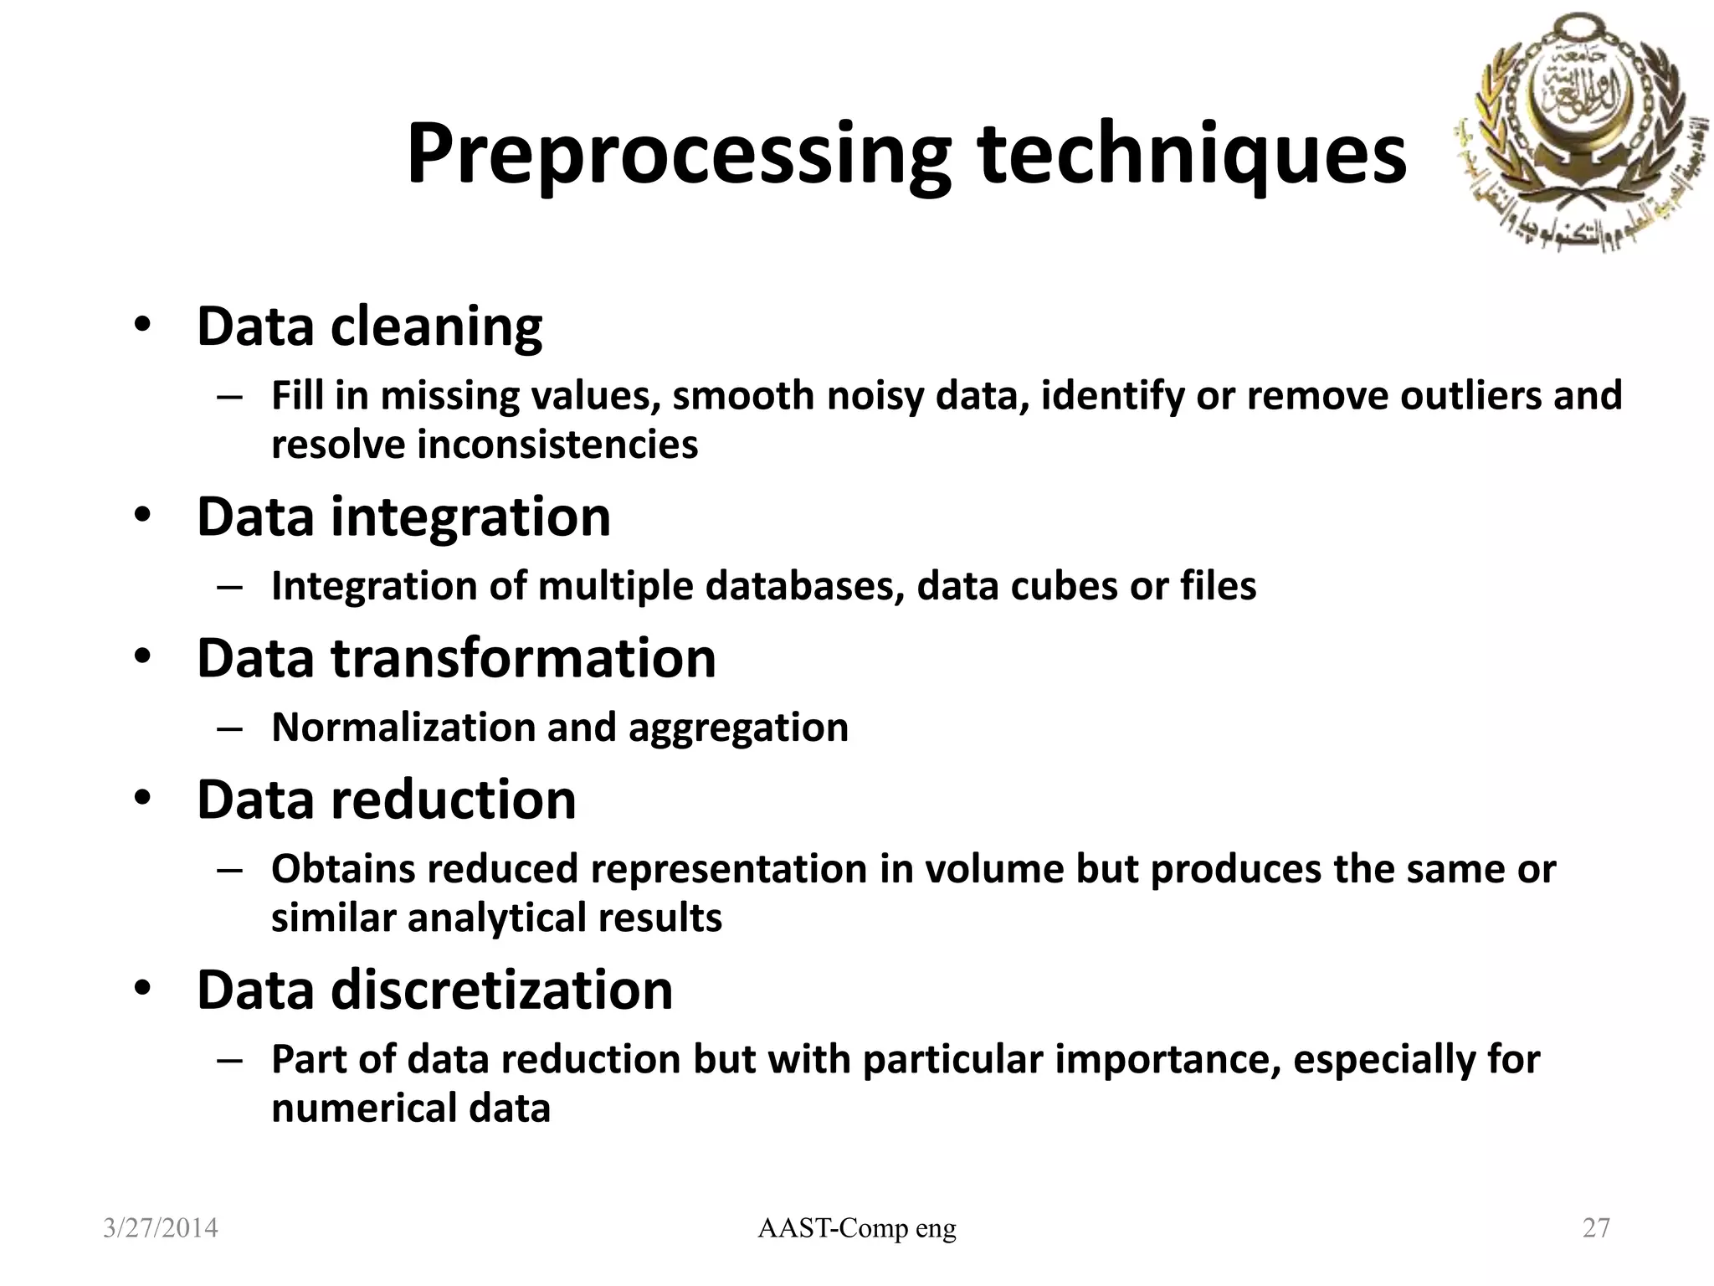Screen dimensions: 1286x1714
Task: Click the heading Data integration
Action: [x=403, y=517]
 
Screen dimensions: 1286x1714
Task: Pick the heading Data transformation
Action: [x=456, y=658]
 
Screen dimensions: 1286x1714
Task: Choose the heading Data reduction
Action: [x=386, y=800]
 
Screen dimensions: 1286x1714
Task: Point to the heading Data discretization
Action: [x=434, y=990]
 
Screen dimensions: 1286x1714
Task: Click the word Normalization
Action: [x=403, y=728]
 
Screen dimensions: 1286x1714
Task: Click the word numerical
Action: [x=363, y=1109]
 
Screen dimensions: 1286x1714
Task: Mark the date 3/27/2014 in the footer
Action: [x=160, y=1228]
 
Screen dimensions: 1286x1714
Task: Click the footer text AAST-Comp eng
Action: [x=856, y=1228]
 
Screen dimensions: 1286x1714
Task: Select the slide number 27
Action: [x=1596, y=1228]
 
